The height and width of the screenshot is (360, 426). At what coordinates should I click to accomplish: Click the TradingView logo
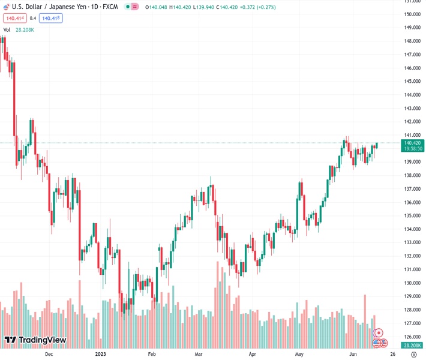point(35,340)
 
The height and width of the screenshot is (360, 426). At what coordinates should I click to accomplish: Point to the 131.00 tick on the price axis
point(412,269)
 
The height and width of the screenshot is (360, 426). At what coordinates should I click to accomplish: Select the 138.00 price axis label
point(412,175)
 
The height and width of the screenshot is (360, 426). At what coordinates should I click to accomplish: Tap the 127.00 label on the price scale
point(412,323)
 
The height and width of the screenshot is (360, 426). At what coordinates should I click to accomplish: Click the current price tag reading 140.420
point(412,143)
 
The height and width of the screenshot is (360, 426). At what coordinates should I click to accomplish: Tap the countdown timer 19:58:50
point(412,149)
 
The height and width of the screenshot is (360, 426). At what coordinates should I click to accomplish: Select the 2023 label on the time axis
point(101,355)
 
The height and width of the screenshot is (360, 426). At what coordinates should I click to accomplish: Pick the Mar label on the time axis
point(199,355)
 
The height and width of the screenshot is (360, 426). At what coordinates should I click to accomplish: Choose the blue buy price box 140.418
point(51,18)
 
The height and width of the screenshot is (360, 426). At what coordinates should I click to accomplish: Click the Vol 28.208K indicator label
point(19,29)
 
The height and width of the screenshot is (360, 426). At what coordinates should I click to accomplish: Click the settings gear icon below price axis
point(413,355)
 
